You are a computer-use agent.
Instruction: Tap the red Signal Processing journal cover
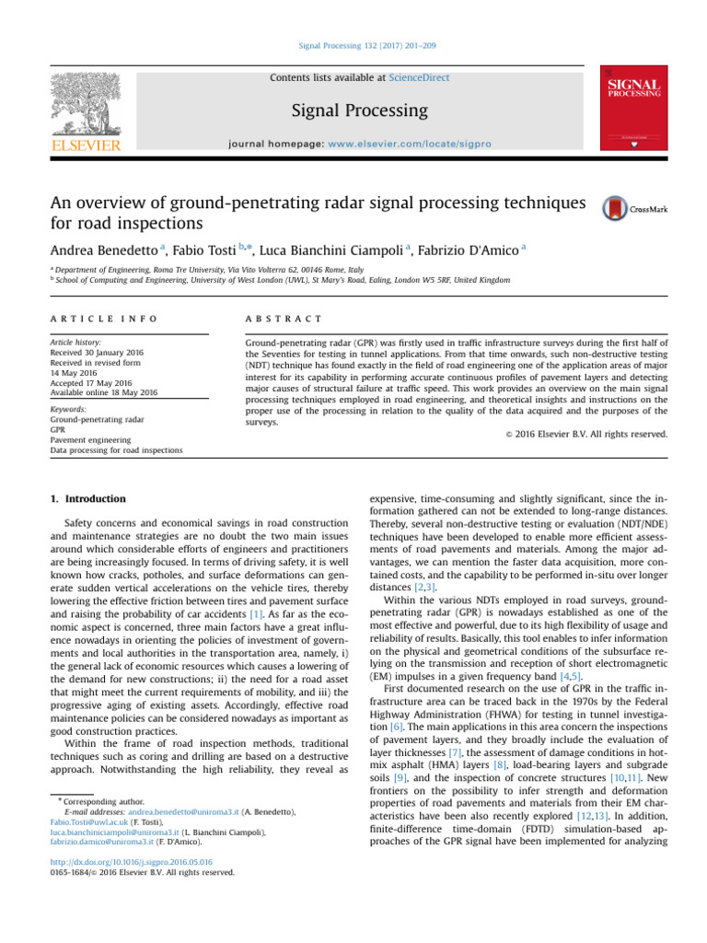(x=632, y=108)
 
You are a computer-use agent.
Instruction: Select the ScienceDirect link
(x=420, y=78)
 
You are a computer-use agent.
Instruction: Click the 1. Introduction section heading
(x=87, y=498)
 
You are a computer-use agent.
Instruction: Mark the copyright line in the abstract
(x=590, y=433)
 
